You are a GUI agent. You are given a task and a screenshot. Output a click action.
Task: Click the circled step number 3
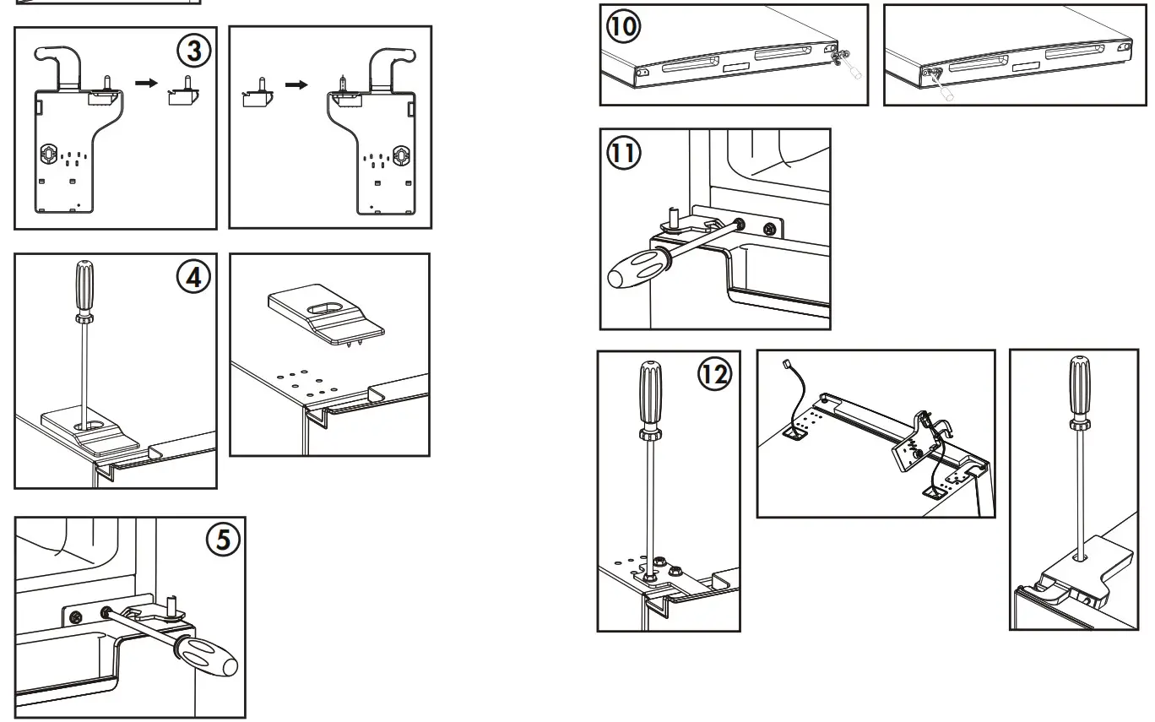(193, 52)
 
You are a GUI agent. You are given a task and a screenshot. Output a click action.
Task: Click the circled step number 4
(194, 278)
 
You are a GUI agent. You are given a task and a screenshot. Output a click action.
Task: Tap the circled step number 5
(223, 540)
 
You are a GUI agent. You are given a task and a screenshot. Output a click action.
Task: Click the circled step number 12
(713, 374)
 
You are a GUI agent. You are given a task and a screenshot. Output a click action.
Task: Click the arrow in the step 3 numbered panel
(147, 84)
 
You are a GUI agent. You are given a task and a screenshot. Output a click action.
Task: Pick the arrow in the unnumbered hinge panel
(296, 85)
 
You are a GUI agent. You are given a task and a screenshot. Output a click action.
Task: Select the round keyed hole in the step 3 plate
(49, 154)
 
